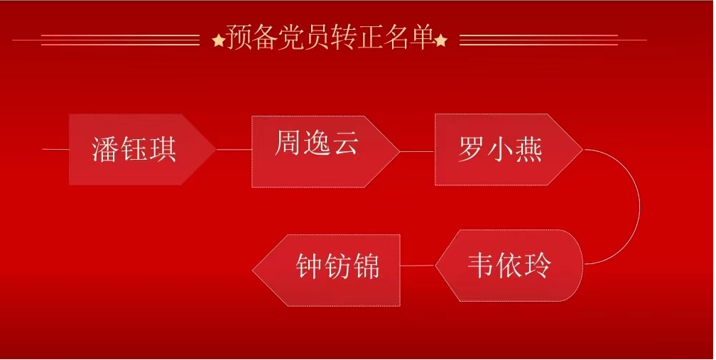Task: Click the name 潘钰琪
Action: click(134, 149)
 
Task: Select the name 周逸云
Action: click(317, 142)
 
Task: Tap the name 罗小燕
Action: click(500, 149)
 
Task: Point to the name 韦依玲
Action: click(509, 265)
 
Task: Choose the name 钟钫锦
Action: click(337, 266)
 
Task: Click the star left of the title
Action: click(219, 40)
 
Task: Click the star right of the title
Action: click(440, 40)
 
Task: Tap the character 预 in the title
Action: click(239, 37)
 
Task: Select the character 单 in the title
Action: click(422, 37)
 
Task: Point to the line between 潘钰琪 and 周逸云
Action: click(234, 149)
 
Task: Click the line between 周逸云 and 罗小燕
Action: click(417, 151)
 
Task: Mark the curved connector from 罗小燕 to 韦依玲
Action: click(639, 206)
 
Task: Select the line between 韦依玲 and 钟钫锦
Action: click(418, 266)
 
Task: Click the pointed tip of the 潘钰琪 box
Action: click(216, 149)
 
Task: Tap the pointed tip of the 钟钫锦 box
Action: click(253, 270)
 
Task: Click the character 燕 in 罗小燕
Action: click(528, 149)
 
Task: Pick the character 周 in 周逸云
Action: click(288, 142)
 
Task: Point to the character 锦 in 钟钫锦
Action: click(367, 266)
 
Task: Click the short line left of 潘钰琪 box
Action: click(55, 149)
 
